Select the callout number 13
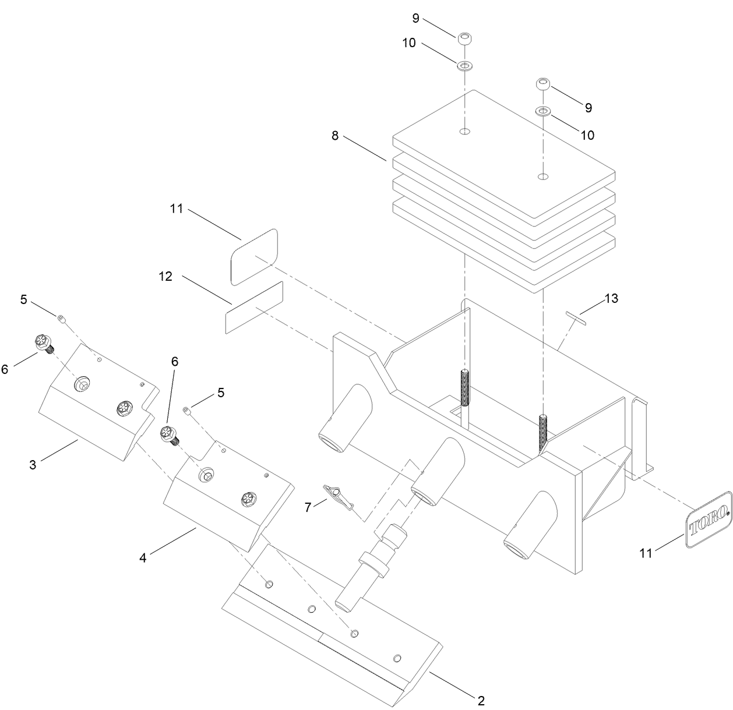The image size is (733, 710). [x=611, y=299]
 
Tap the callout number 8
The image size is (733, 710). [x=335, y=136]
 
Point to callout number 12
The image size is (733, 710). [x=165, y=277]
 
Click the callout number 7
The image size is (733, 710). [x=308, y=507]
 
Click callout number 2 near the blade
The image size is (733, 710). [x=481, y=700]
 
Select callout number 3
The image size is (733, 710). [x=33, y=465]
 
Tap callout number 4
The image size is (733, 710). [x=142, y=557]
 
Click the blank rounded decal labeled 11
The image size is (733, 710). [x=254, y=256]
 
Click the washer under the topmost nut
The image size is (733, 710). [x=464, y=65]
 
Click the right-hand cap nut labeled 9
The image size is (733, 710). [x=542, y=84]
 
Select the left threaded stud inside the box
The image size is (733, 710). [x=464, y=387]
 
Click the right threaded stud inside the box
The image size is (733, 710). [x=543, y=434]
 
